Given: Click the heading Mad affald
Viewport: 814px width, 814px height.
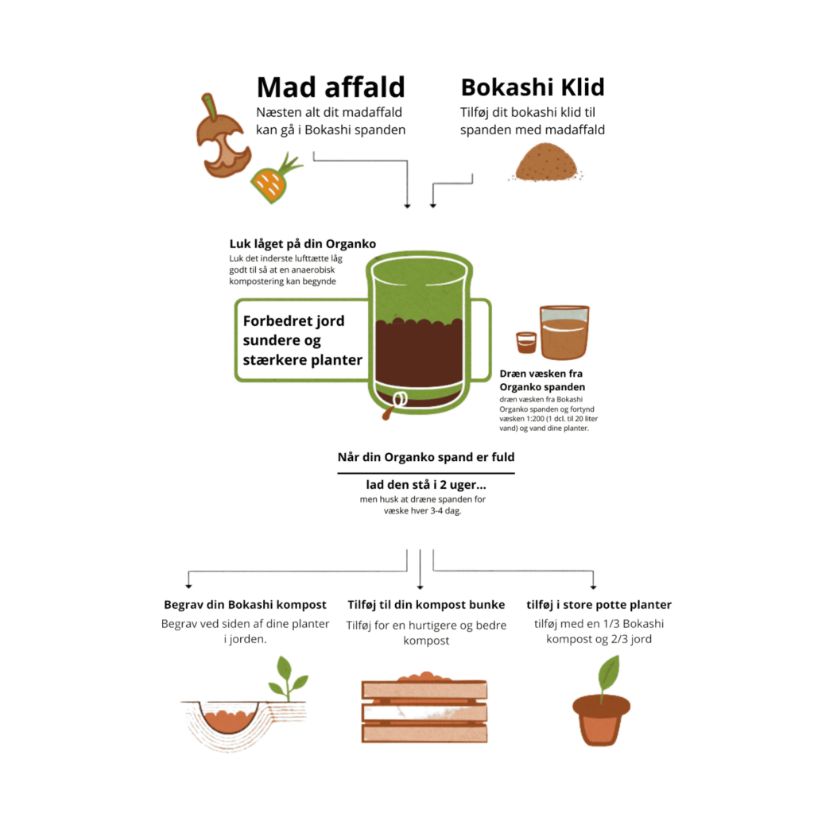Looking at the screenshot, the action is [x=331, y=87].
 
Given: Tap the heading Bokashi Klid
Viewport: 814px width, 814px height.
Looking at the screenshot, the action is [x=533, y=87].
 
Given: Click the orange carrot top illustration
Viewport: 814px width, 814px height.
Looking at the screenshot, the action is [x=274, y=179].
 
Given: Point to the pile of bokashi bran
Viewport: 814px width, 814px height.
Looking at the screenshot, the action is [x=546, y=162].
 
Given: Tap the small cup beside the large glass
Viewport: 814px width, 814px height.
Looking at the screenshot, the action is [x=526, y=343].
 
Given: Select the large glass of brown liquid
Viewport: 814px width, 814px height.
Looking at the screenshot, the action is [x=564, y=333].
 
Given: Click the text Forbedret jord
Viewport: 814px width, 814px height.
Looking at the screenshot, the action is [x=293, y=321].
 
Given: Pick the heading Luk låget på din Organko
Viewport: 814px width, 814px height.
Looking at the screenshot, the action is [x=303, y=243].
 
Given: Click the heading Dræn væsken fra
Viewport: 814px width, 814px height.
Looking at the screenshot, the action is [x=541, y=374].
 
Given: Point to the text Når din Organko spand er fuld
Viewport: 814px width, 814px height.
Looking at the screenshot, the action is [x=426, y=457].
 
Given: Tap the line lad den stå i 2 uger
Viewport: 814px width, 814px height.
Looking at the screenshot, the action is [x=426, y=485].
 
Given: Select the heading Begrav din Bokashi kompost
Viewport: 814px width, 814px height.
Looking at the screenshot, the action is [x=245, y=604].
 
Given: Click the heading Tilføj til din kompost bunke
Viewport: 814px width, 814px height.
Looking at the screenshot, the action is [x=426, y=604].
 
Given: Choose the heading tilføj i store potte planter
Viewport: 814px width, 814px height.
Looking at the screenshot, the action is [x=599, y=604].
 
